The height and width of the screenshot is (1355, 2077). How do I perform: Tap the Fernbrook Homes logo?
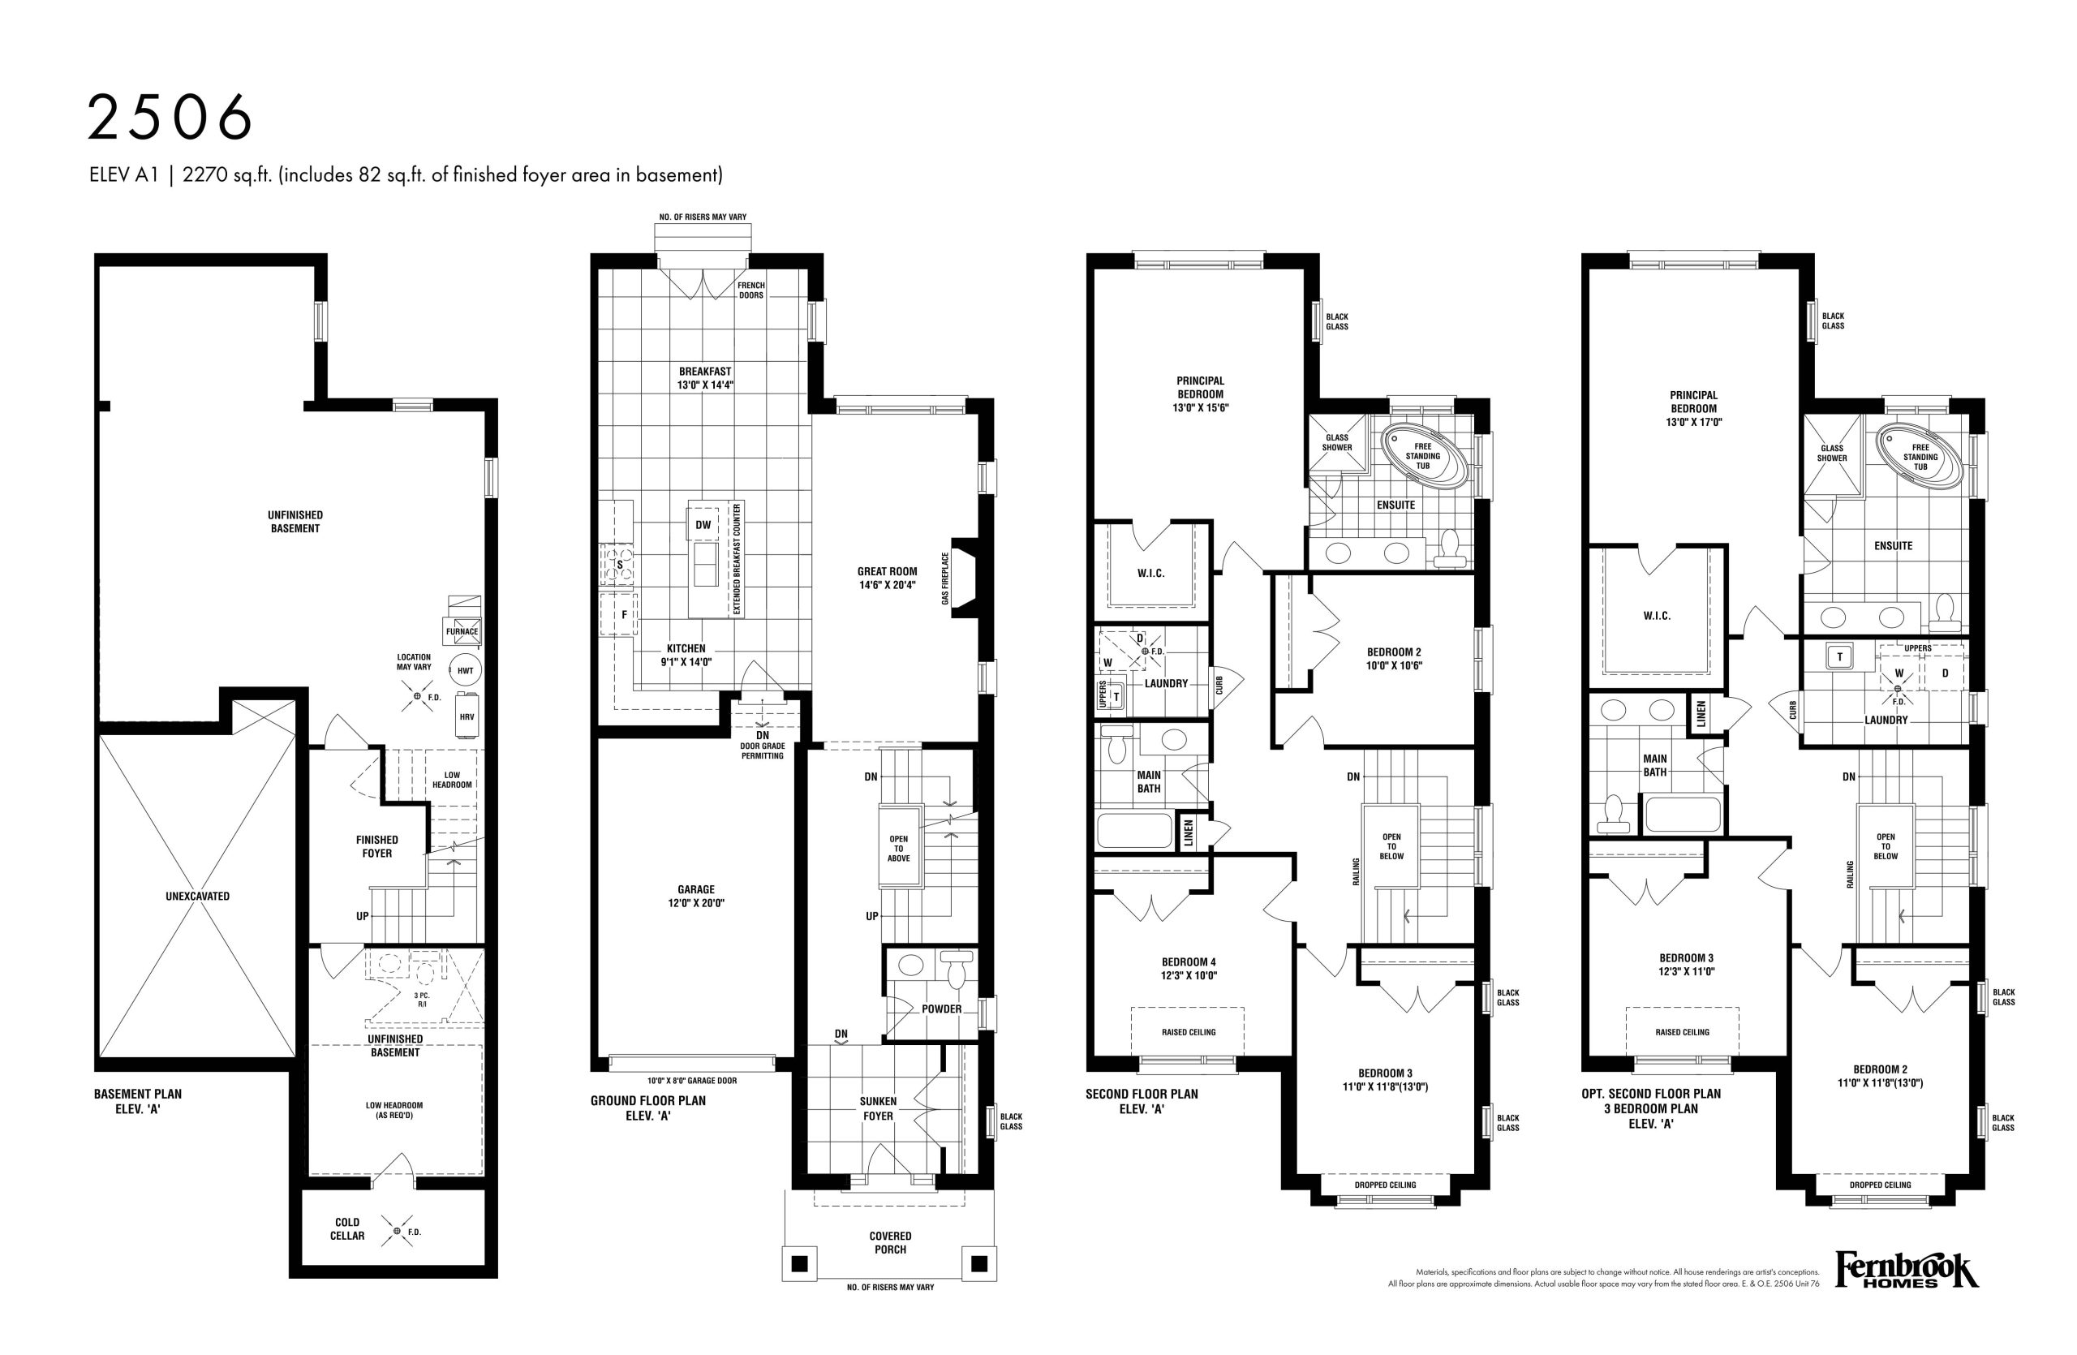(x=1907, y=1295)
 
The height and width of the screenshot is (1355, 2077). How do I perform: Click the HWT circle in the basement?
(x=465, y=670)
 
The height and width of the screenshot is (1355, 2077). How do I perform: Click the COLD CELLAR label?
(x=347, y=1229)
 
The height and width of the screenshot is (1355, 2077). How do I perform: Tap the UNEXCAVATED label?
(x=197, y=896)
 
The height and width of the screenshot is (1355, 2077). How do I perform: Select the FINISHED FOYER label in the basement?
(x=377, y=846)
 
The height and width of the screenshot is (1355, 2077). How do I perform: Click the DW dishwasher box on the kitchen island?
(x=703, y=524)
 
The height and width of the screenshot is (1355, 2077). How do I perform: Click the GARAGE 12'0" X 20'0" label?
(x=696, y=896)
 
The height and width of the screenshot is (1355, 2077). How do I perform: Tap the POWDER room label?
(x=942, y=1009)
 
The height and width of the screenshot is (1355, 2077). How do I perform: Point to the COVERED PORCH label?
(x=890, y=1242)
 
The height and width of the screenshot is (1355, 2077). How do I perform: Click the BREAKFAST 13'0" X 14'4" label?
(x=705, y=378)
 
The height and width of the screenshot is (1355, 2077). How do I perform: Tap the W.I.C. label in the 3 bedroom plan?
(x=1657, y=616)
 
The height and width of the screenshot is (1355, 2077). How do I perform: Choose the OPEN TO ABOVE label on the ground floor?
(x=899, y=848)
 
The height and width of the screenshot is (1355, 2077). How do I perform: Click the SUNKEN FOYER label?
(x=878, y=1109)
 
